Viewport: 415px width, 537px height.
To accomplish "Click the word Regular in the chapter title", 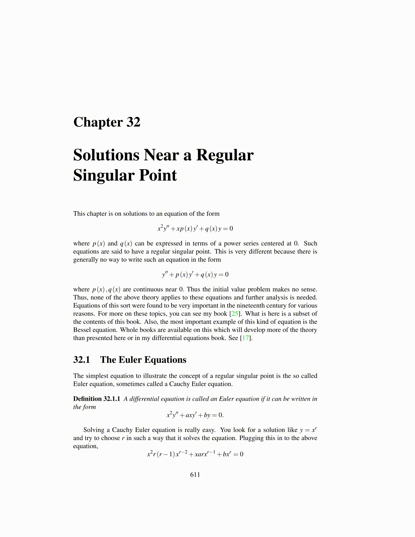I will click(225, 155).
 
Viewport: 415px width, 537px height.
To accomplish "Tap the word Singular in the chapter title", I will click(101, 176).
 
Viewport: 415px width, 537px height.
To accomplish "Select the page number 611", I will click(195, 475).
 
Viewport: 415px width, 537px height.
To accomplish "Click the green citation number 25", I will click(235, 314).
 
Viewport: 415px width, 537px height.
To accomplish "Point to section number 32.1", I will click(81, 360).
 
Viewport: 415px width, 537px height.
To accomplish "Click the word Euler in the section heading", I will click(130, 360).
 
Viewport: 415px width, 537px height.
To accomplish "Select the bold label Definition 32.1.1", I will click(97, 399).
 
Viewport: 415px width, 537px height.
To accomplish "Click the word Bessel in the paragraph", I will click(82, 330).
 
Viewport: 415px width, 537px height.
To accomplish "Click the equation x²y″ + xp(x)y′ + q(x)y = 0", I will click(195, 228).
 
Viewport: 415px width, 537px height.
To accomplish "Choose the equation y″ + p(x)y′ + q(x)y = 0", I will click(195, 274).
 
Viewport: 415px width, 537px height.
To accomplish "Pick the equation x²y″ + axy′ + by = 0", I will click(195, 415).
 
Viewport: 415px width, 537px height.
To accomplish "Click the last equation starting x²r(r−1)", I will click(195, 454).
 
